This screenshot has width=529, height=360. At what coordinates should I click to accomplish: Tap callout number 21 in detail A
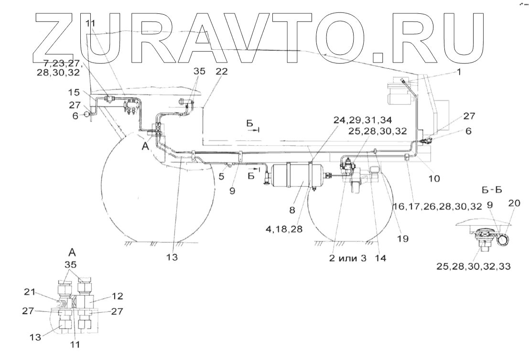point(30,292)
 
